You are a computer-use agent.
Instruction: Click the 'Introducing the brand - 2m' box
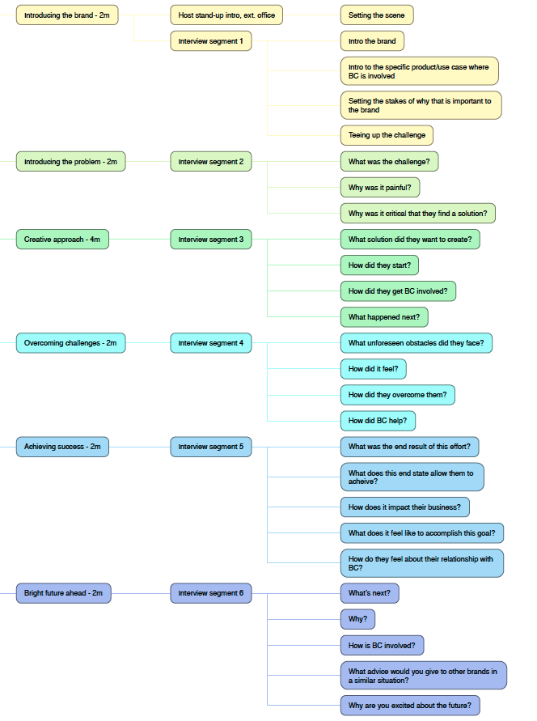point(67,15)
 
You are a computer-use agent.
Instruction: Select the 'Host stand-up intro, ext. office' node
point(226,15)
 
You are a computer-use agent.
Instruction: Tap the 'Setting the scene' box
point(377,15)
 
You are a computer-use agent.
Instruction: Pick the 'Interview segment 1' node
point(211,41)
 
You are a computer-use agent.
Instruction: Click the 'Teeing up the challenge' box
point(387,135)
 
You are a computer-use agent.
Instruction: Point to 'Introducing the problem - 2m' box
point(70,161)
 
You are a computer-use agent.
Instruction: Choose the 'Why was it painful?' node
point(380,188)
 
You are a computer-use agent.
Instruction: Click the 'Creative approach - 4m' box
point(62,239)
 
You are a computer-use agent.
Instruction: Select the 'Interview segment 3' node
point(211,239)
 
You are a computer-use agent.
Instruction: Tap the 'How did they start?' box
point(379,265)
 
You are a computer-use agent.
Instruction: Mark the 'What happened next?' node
point(384,317)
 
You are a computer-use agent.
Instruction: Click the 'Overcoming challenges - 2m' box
point(70,343)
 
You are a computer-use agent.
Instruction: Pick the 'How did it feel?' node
point(374,369)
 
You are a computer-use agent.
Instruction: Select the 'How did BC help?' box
point(378,421)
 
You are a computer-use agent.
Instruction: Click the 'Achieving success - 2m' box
point(62,447)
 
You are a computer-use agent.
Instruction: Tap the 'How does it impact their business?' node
point(405,507)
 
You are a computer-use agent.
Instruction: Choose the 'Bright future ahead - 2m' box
point(63,593)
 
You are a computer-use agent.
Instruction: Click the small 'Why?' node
point(357,619)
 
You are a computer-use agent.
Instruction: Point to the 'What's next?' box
point(370,593)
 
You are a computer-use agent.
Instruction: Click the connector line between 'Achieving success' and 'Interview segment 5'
point(140,447)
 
